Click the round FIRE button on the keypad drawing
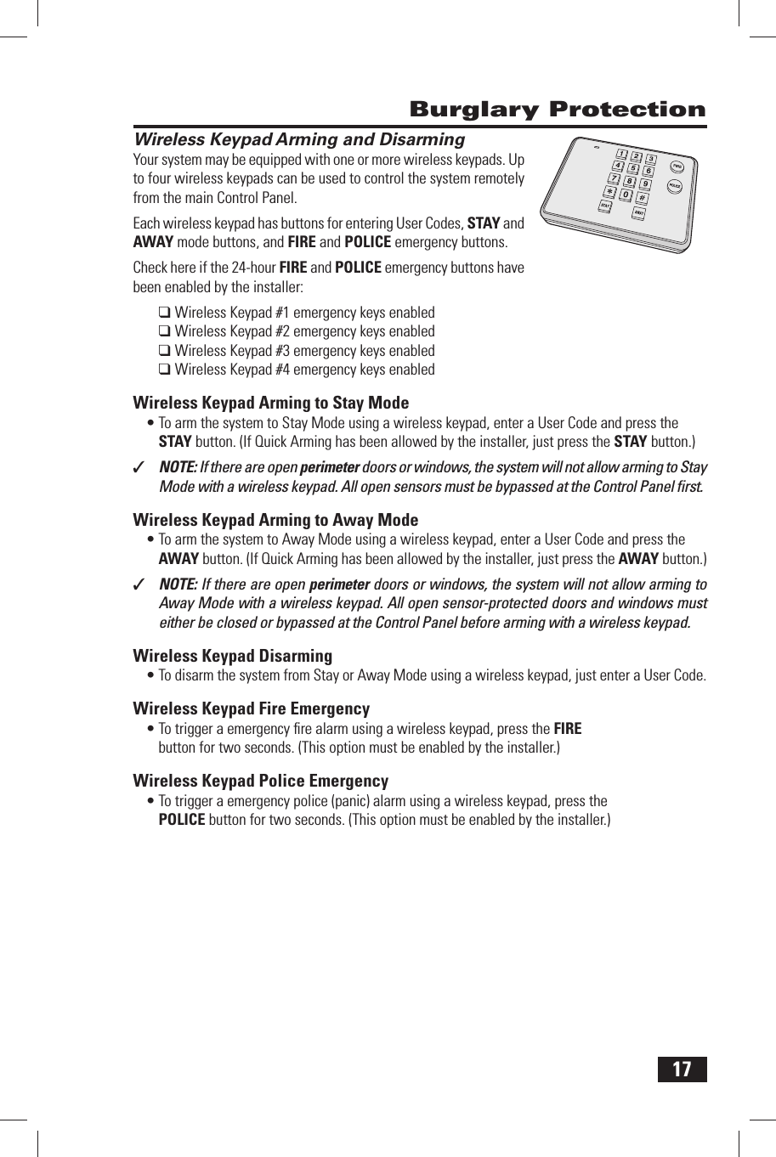[x=677, y=166]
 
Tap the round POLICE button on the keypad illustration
[x=674, y=186]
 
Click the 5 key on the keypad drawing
[x=633, y=167]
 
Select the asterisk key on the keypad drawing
[x=609, y=192]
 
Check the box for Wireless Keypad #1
[x=165, y=313]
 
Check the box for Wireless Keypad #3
[x=165, y=351]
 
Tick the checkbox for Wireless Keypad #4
[x=165, y=370]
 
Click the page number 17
[x=682, y=1069]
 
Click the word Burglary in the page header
[x=474, y=110]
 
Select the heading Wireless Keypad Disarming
[x=232, y=656]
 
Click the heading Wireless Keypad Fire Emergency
[x=251, y=708]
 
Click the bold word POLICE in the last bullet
[x=182, y=820]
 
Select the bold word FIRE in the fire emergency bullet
[x=567, y=729]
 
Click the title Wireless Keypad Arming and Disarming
[x=299, y=139]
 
